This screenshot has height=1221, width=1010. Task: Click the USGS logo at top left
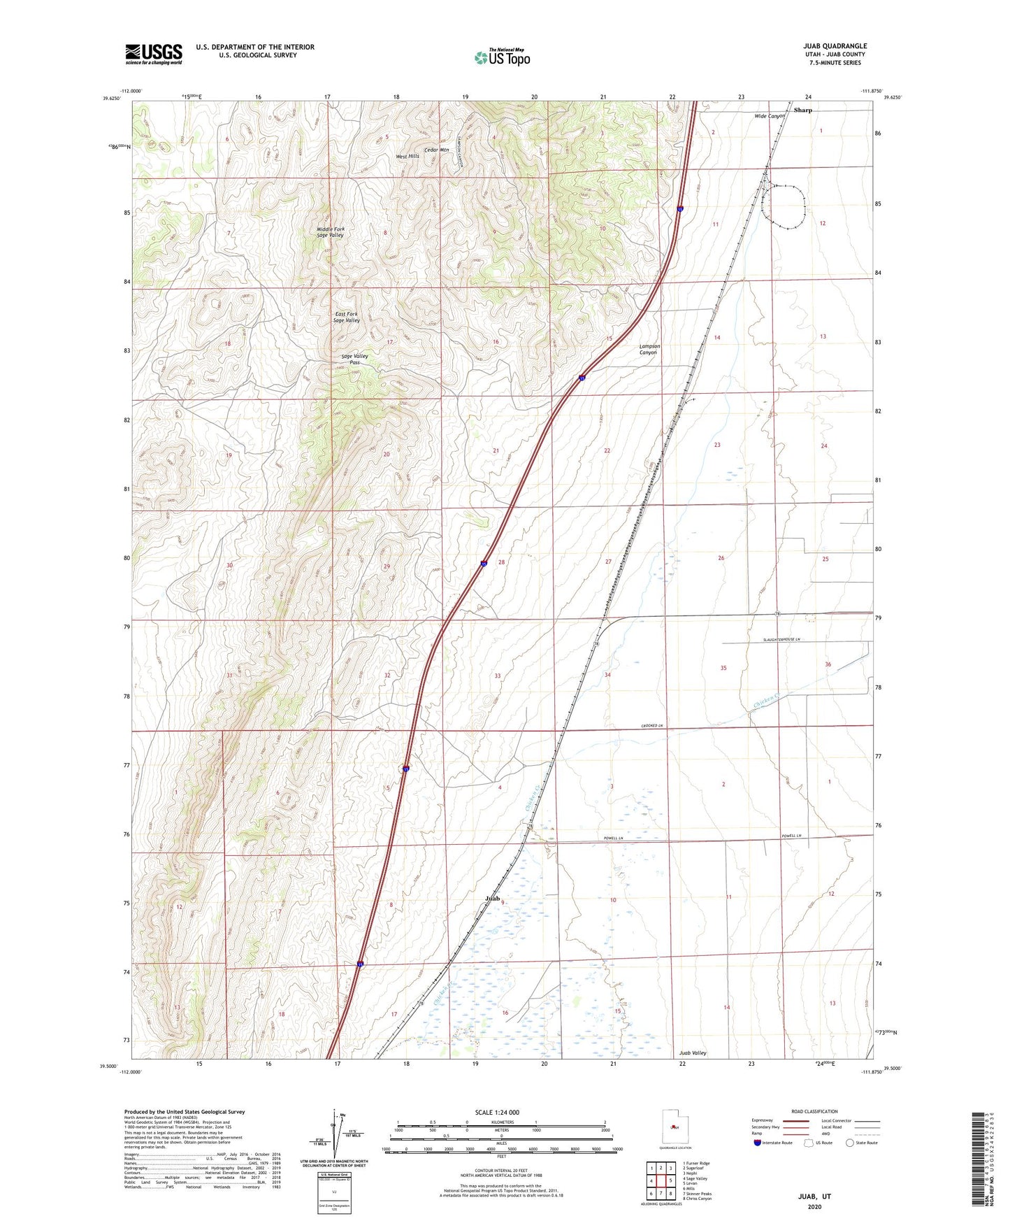click(153, 54)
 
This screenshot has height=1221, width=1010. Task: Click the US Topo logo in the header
click(502, 57)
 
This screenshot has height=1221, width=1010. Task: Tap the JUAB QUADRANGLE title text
click(835, 46)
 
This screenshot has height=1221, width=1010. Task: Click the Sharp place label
click(802, 110)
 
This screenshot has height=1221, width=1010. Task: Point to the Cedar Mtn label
click(436, 150)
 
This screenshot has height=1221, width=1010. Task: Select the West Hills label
click(407, 156)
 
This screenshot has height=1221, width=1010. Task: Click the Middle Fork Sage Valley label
click(330, 232)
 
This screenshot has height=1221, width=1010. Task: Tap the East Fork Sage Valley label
click(347, 317)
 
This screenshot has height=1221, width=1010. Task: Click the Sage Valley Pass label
click(354, 359)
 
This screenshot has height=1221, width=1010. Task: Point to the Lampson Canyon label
click(649, 349)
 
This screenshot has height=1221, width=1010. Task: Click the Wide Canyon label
click(770, 116)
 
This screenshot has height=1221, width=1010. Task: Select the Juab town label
click(493, 897)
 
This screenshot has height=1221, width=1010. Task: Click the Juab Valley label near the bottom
click(693, 1052)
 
